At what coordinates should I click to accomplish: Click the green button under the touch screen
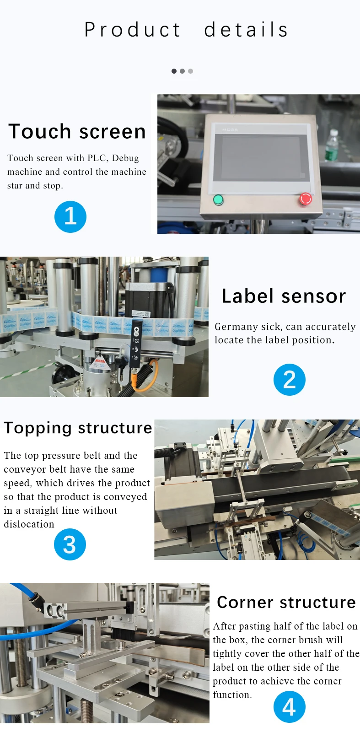pyautogui.click(x=218, y=199)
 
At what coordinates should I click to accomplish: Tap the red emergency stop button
pyautogui.click(x=305, y=199)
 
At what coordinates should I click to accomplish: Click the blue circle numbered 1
pyautogui.click(x=70, y=216)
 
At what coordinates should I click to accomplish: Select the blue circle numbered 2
pyautogui.click(x=289, y=379)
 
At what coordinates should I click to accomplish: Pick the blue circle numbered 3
pyautogui.click(x=70, y=544)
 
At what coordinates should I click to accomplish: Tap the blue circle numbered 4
pyautogui.click(x=289, y=706)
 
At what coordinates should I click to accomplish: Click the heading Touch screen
pyautogui.click(x=77, y=131)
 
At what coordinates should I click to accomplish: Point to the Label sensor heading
pyautogui.click(x=284, y=296)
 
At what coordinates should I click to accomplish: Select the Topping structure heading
pyautogui.click(x=78, y=428)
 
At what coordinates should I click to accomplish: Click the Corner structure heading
pyautogui.click(x=286, y=602)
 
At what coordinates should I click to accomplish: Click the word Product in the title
pyautogui.click(x=132, y=29)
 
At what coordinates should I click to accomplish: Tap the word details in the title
pyautogui.click(x=246, y=29)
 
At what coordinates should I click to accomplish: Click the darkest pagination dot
pyautogui.click(x=174, y=71)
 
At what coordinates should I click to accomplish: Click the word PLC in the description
pyautogui.click(x=98, y=158)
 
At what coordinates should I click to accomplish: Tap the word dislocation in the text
pyautogui.click(x=29, y=524)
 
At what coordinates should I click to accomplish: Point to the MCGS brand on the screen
pyautogui.click(x=230, y=129)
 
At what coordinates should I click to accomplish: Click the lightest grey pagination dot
pyautogui.click(x=190, y=71)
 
